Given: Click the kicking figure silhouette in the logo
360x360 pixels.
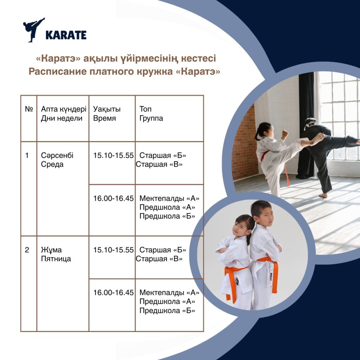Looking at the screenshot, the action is coord(33,30).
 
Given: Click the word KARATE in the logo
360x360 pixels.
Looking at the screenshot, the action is coord(66,35).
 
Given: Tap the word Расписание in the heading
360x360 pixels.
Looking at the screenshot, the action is coord(57,71).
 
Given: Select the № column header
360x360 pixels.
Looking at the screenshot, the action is coord(29,109).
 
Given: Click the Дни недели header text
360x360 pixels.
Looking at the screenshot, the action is coord(62,118).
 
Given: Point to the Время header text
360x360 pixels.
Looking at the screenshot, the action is coord(104,118).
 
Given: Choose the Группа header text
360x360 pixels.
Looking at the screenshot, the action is coord(151,118).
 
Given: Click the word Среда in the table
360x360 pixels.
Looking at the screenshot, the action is coord(52,165).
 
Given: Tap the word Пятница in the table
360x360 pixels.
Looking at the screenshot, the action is coord(56,259).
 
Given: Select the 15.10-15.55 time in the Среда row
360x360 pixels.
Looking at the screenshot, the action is coord(114,155).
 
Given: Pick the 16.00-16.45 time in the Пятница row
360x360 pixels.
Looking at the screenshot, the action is coord(114,292).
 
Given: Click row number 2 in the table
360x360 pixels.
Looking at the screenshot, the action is coord(27,250).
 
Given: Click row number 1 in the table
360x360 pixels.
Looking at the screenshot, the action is coord(27,155).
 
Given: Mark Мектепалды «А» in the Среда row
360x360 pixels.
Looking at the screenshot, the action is coord(169,198).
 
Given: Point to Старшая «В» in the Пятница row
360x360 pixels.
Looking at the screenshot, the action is coord(159,259).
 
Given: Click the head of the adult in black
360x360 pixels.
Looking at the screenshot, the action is coord(310,124).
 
